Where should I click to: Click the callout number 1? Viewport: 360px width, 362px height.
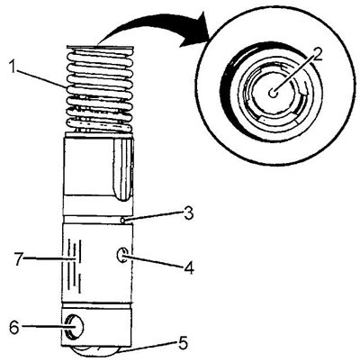click(x=12, y=68)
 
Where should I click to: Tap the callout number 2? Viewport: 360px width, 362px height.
click(x=316, y=55)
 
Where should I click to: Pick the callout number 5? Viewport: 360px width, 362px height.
click(x=183, y=343)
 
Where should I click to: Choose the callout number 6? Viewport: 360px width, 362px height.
click(x=14, y=328)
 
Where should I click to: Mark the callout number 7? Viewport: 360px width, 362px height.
click(x=18, y=258)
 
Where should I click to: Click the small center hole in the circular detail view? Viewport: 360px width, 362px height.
click(x=273, y=93)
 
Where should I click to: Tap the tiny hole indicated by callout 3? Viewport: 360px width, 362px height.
click(x=122, y=221)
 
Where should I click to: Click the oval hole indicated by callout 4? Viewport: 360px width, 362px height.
click(x=121, y=256)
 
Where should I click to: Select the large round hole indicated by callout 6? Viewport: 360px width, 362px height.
click(x=74, y=327)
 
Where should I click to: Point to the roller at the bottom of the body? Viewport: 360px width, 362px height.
click(x=96, y=352)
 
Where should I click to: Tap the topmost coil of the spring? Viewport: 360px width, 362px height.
click(x=99, y=56)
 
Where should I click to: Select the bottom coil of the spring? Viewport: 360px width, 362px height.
click(x=99, y=126)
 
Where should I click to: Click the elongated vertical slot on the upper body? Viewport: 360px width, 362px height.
click(x=122, y=169)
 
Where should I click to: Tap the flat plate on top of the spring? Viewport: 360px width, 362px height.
click(x=99, y=47)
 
